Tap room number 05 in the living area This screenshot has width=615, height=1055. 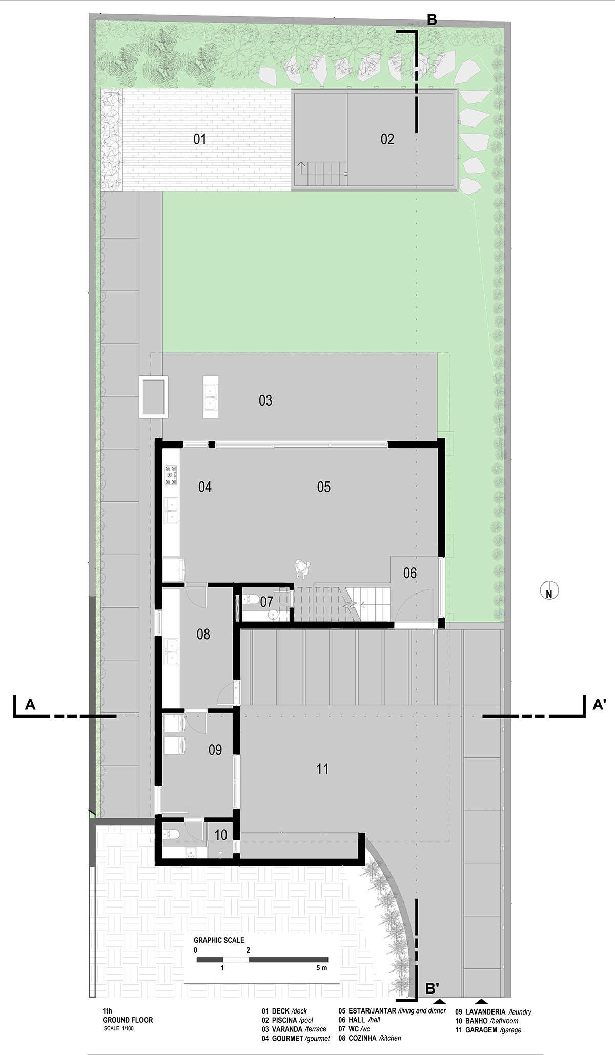pyautogui.click(x=324, y=487)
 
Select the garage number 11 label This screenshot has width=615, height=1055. pyautogui.click(x=322, y=769)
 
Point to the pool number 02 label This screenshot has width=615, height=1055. pyautogui.click(x=387, y=139)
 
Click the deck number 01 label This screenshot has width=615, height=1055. pyautogui.click(x=200, y=139)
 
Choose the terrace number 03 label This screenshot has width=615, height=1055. pyautogui.click(x=265, y=400)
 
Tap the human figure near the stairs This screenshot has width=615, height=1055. pyautogui.click(x=303, y=569)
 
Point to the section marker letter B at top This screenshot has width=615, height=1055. pyautogui.click(x=432, y=20)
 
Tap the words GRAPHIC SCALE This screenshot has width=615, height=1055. pyautogui.click(x=219, y=940)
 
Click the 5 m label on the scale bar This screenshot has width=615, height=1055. pyautogui.click(x=321, y=968)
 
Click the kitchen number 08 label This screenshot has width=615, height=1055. pyautogui.click(x=203, y=634)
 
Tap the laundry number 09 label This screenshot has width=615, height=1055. pyautogui.click(x=215, y=750)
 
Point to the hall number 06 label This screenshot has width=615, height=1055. pyautogui.click(x=410, y=573)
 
